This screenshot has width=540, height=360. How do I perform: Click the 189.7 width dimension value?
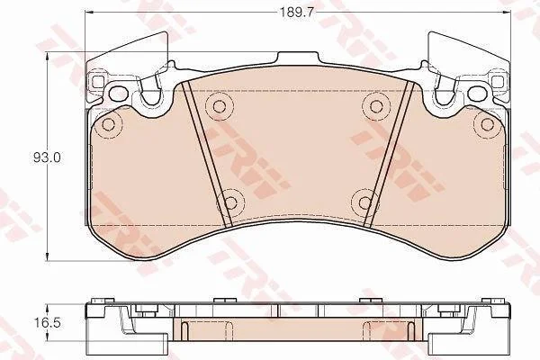click(296, 13)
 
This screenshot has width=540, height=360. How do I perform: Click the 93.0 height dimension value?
click(47, 157)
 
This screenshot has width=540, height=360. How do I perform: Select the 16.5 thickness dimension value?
click(47, 323)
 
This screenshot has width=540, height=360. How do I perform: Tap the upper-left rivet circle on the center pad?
click(219, 106)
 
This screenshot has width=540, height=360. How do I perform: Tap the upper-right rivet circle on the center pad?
click(375, 106)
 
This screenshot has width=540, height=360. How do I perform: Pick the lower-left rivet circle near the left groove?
click(230, 202)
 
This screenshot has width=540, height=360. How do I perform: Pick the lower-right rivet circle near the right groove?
click(364, 202)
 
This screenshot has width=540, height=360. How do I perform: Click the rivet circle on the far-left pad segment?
click(109, 124)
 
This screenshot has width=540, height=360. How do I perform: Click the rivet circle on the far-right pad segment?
click(487, 123)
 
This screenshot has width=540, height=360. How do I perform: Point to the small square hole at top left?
click(98, 82)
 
